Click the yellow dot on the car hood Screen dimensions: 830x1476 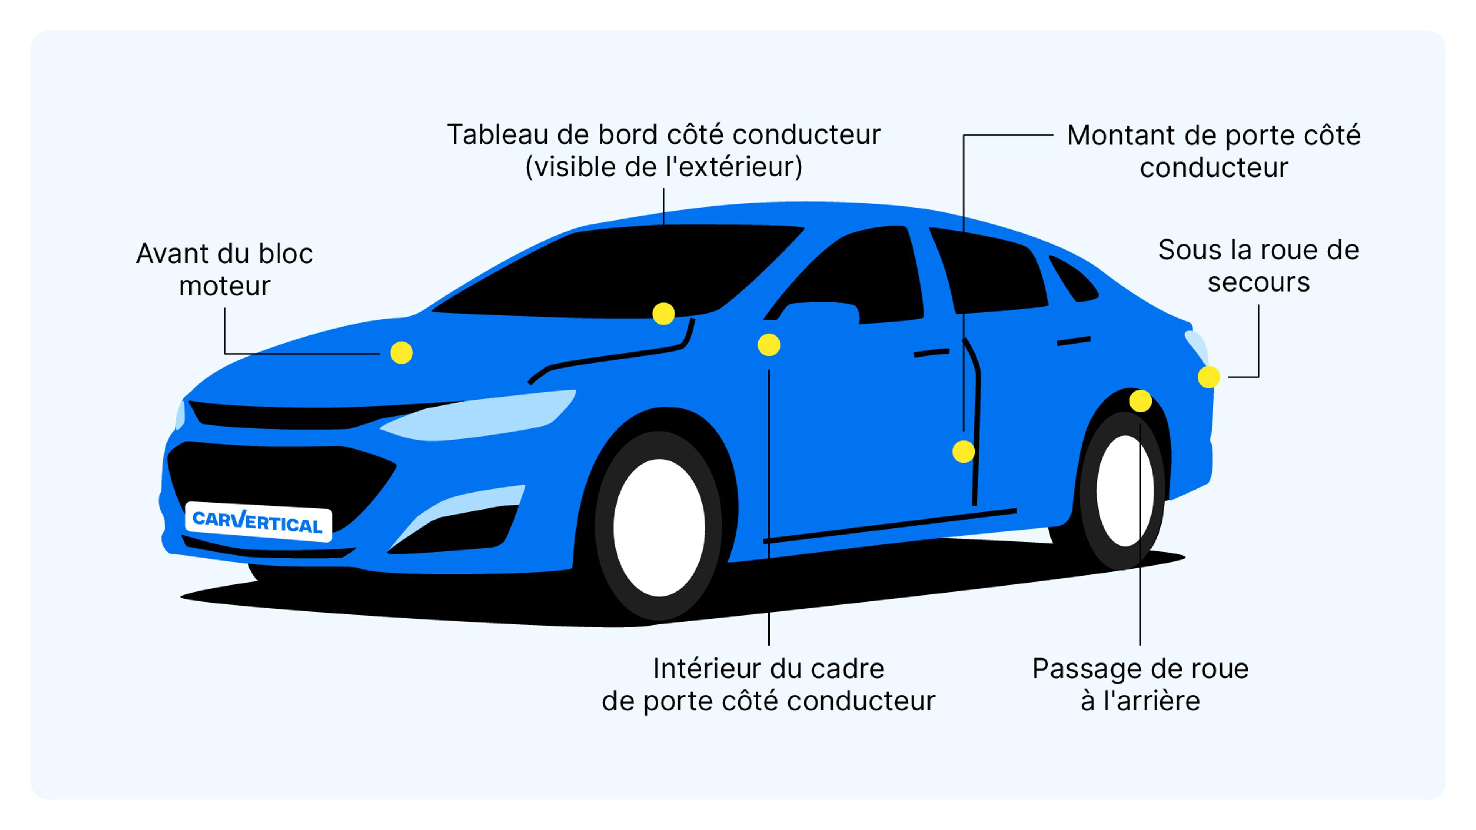pyautogui.click(x=401, y=353)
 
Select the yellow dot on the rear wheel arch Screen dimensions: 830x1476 pyautogui.click(x=1140, y=401)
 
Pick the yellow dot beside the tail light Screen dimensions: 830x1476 pyautogui.click(x=1208, y=377)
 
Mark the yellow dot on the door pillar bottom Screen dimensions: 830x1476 pyautogui.click(x=963, y=452)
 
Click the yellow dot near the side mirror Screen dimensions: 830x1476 pyautogui.click(x=768, y=345)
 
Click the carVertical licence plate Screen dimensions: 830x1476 pyautogui.click(x=258, y=523)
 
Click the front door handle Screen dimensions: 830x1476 pyautogui.click(x=931, y=353)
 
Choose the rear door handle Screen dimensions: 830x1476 pyautogui.click(x=1073, y=341)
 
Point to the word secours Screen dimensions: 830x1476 pyautogui.click(x=1258, y=283)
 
